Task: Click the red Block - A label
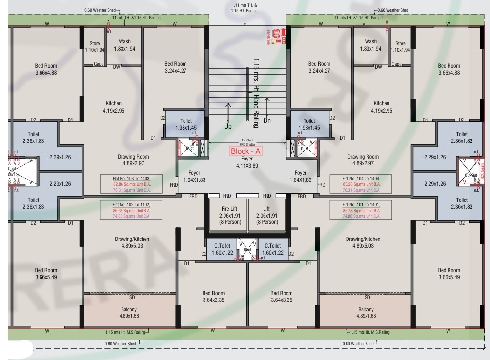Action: click(x=246, y=151)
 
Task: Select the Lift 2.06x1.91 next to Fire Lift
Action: click(x=266, y=215)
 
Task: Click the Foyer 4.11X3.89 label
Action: click(x=247, y=162)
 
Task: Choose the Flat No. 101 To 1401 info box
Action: click(x=361, y=210)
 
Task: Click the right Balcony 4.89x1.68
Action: click(x=366, y=312)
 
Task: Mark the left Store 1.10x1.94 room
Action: click(x=95, y=47)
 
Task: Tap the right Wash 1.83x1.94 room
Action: click(x=371, y=45)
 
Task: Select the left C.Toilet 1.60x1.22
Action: click(x=224, y=249)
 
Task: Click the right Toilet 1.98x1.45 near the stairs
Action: click(x=309, y=124)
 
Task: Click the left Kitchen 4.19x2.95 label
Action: click(x=114, y=107)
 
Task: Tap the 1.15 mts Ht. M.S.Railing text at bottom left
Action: click(x=126, y=332)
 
